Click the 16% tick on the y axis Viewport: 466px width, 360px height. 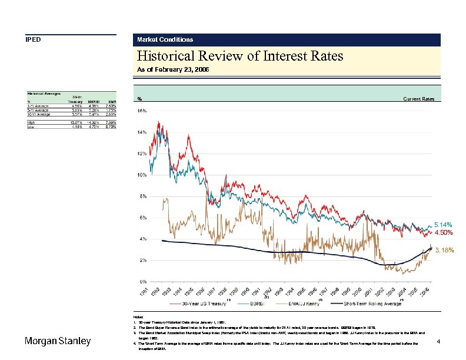point(142,111)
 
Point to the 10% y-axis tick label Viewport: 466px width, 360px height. point(142,175)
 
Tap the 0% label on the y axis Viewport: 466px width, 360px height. point(142,281)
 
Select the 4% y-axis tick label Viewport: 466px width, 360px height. point(142,239)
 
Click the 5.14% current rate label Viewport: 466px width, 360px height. point(443,225)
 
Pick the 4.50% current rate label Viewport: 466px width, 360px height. point(443,232)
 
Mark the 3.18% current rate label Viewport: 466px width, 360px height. point(444,251)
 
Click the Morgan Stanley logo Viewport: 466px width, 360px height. point(57,342)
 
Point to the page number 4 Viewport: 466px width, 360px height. point(439,341)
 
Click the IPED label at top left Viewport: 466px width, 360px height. point(32,40)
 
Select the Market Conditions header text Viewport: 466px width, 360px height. point(165,40)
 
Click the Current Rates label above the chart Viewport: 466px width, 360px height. point(418,99)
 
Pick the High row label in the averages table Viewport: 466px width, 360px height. point(31,122)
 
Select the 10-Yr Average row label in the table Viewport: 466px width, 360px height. point(38,115)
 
